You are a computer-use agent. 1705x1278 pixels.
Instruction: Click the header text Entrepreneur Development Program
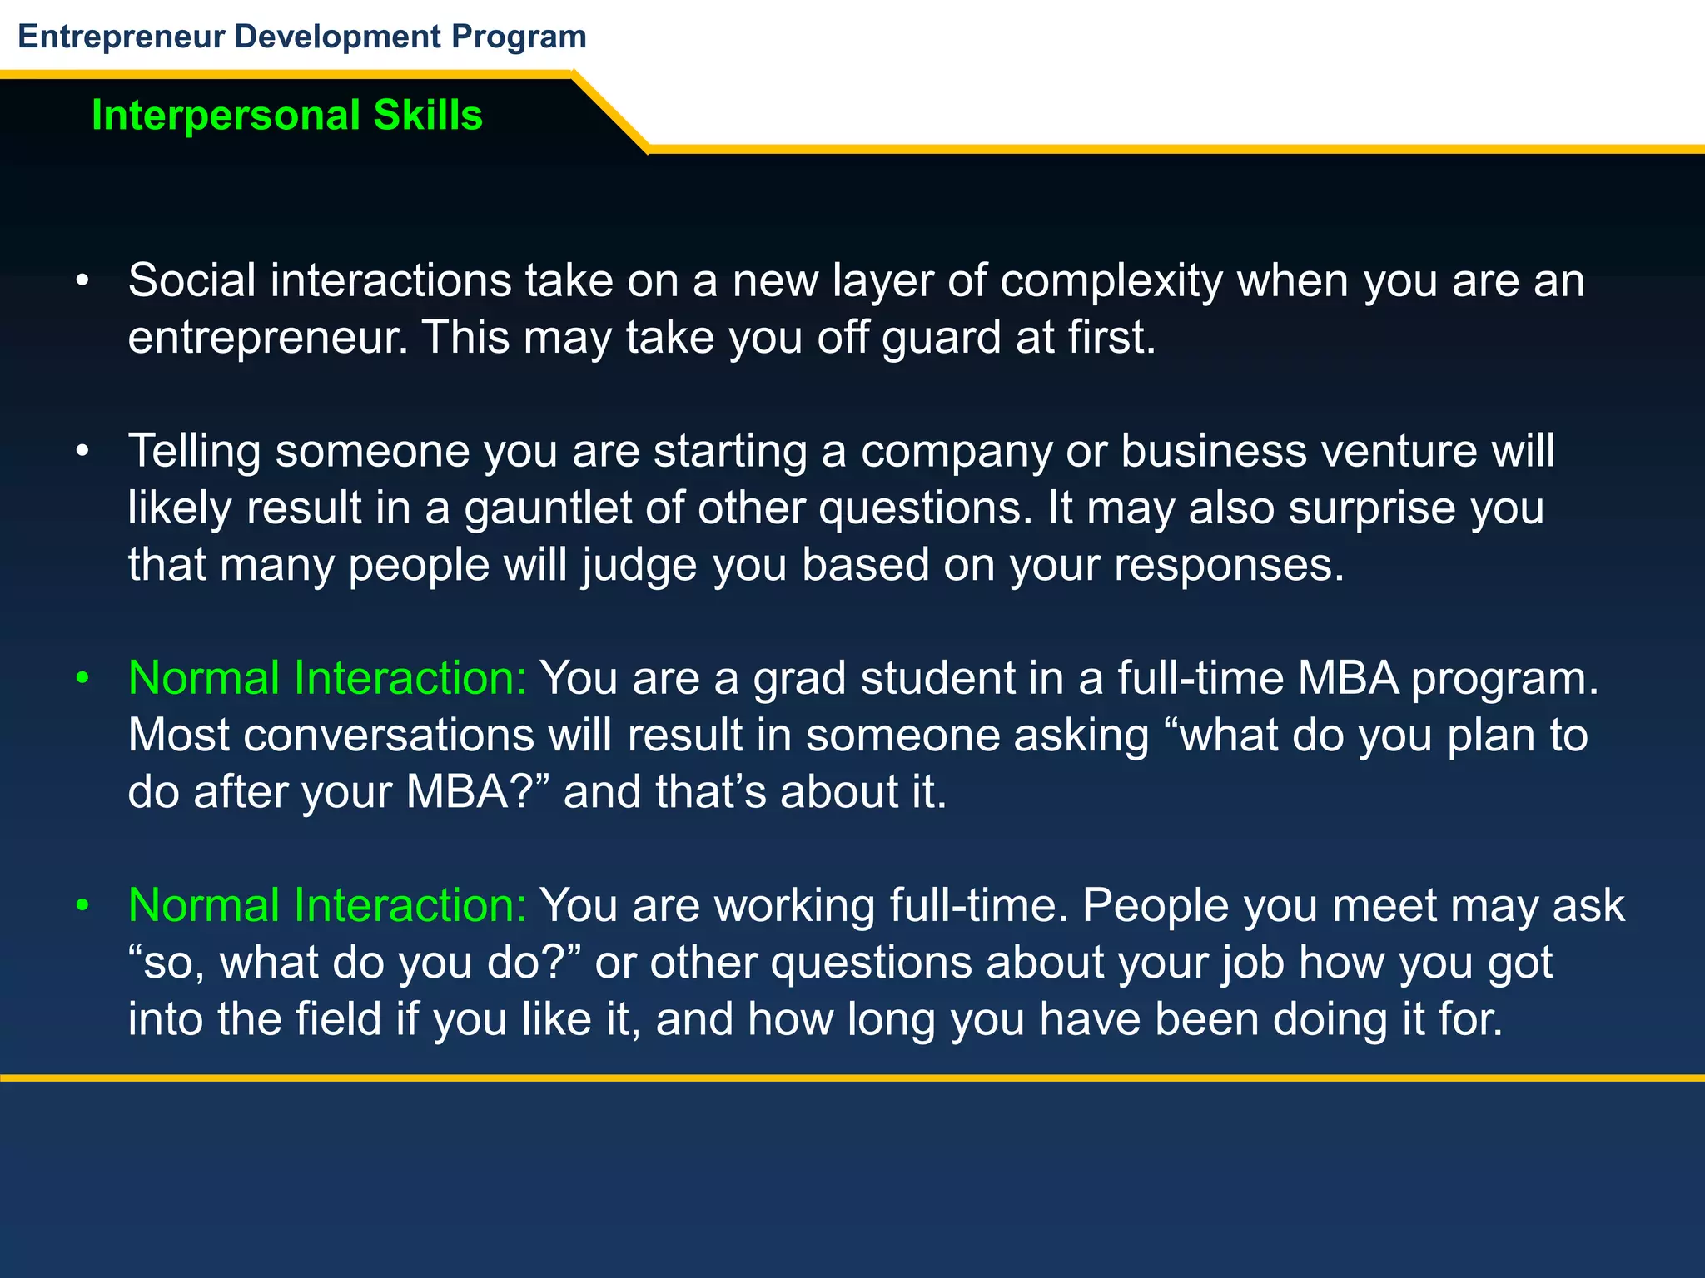coord(301,37)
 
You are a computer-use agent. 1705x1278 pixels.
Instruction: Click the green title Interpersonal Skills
coord(286,115)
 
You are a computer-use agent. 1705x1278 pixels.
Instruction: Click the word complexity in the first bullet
coord(1111,281)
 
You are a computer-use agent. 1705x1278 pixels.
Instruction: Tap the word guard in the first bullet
coord(941,339)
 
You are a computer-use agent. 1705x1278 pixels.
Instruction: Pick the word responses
coord(1229,566)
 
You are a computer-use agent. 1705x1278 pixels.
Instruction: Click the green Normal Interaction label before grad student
coord(327,679)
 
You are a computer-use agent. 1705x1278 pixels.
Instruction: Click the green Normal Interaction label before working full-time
coord(327,906)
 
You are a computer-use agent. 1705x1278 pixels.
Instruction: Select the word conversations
coord(389,736)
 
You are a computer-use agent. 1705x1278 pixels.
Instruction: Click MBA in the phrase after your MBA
coord(457,792)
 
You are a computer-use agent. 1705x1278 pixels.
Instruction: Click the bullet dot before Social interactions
coord(82,281)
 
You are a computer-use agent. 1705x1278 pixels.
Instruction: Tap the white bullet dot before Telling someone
coord(82,452)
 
